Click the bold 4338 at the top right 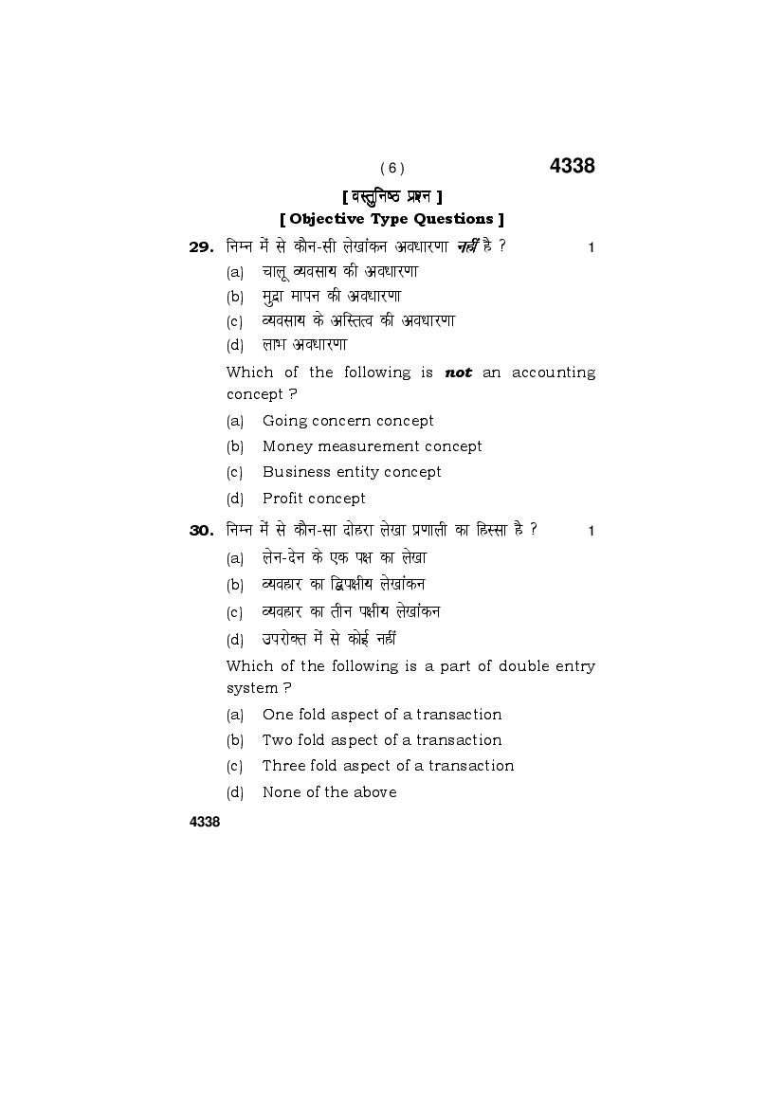pyautogui.click(x=572, y=166)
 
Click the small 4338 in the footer pyautogui.click(x=205, y=822)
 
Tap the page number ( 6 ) pyautogui.click(x=391, y=169)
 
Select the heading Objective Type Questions pyautogui.click(x=391, y=219)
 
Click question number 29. pyautogui.click(x=201, y=247)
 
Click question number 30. pyautogui.click(x=201, y=531)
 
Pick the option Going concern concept pyautogui.click(x=348, y=421)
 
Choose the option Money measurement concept pyautogui.click(x=372, y=446)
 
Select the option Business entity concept pyautogui.click(x=352, y=472)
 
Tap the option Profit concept pyautogui.click(x=314, y=499)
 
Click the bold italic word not pyautogui.click(x=459, y=372)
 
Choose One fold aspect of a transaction pyautogui.click(x=382, y=715)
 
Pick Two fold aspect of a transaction pyautogui.click(x=382, y=740)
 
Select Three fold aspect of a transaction pyautogui.click(x=388, y=766)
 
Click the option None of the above pyautogui.click(x=329, y=792)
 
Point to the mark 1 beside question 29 pyautogui.click(x=591, y=248)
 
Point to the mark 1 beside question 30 pyautogui.click(x=591, y=532)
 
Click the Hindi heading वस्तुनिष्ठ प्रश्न pyautogui.click(x=391, y=196)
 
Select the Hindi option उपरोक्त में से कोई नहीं pyautogui.click(x=328, y=640)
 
